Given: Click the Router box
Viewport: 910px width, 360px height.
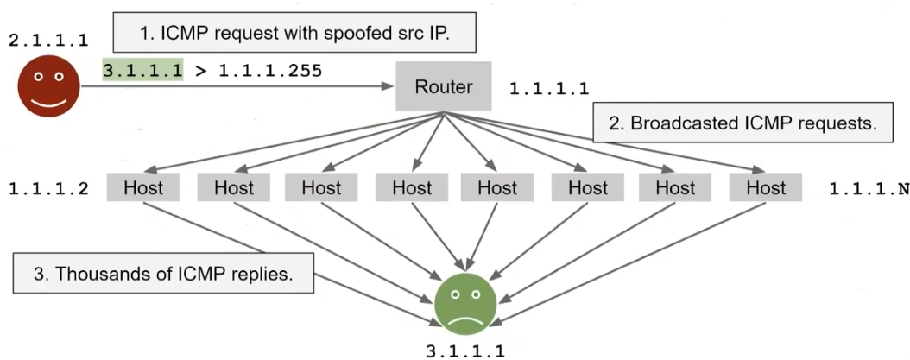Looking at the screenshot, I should click(x=444, y=86).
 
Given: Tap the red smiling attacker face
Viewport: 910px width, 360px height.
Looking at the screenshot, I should click(x=48, y=86).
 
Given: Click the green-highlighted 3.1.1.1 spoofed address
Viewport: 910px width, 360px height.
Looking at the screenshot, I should click(x=143, y=71).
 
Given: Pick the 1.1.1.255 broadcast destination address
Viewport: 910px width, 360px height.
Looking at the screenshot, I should click(x=270, y=71).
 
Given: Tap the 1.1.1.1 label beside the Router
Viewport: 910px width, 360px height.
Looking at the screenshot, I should click(x=549, y=88).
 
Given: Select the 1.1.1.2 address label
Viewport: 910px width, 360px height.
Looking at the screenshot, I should click(x=48, y=187).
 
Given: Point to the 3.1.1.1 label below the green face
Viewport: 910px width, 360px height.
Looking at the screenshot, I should click(x=466, y=350).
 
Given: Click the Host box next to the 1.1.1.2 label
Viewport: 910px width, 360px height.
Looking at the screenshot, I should click(x=143, y=187).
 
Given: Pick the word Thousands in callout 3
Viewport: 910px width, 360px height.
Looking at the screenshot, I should click(x=93, y=275).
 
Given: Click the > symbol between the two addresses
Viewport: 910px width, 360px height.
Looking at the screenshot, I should click(x=200, y=71).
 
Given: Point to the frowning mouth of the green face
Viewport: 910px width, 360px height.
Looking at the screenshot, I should click(x=466, y=317).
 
